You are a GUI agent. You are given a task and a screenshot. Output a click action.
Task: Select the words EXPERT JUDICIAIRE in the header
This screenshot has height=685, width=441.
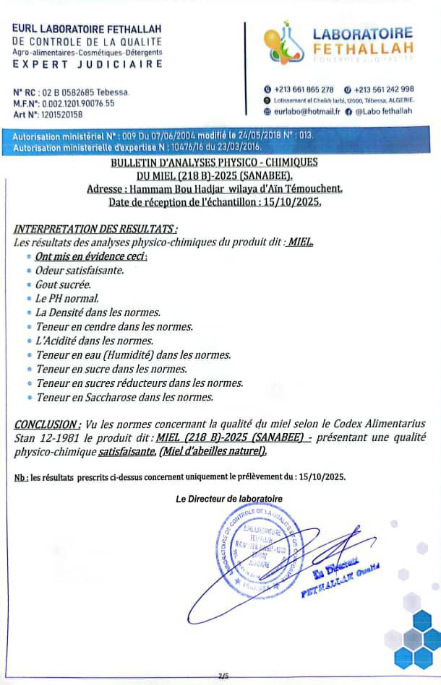[x=87, y=64]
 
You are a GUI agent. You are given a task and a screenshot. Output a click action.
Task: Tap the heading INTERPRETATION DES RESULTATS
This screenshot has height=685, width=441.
[x=85, y=230]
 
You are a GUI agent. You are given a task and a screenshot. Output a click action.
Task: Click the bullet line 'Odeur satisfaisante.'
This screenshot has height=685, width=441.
[x=80, y=271]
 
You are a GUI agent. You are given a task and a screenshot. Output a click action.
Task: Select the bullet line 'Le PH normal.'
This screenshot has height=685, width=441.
[x=67, y=298]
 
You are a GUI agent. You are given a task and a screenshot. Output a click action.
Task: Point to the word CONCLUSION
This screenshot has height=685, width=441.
[x=46, y=424]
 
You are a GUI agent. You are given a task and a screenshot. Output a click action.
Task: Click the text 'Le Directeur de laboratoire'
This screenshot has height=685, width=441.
[x=229, y=499]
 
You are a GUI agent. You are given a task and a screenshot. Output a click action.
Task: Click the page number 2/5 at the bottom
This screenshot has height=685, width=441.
[x=223, y=676]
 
